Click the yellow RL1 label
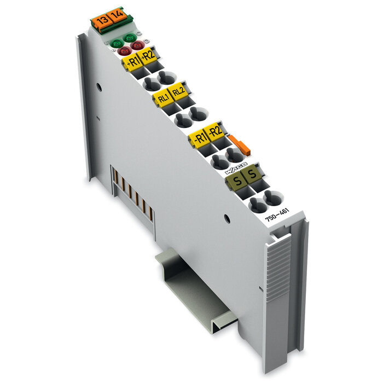pos(163,98)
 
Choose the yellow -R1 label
pos(199,138)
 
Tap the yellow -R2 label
pos(214,131)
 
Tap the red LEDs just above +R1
pos(130,48)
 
